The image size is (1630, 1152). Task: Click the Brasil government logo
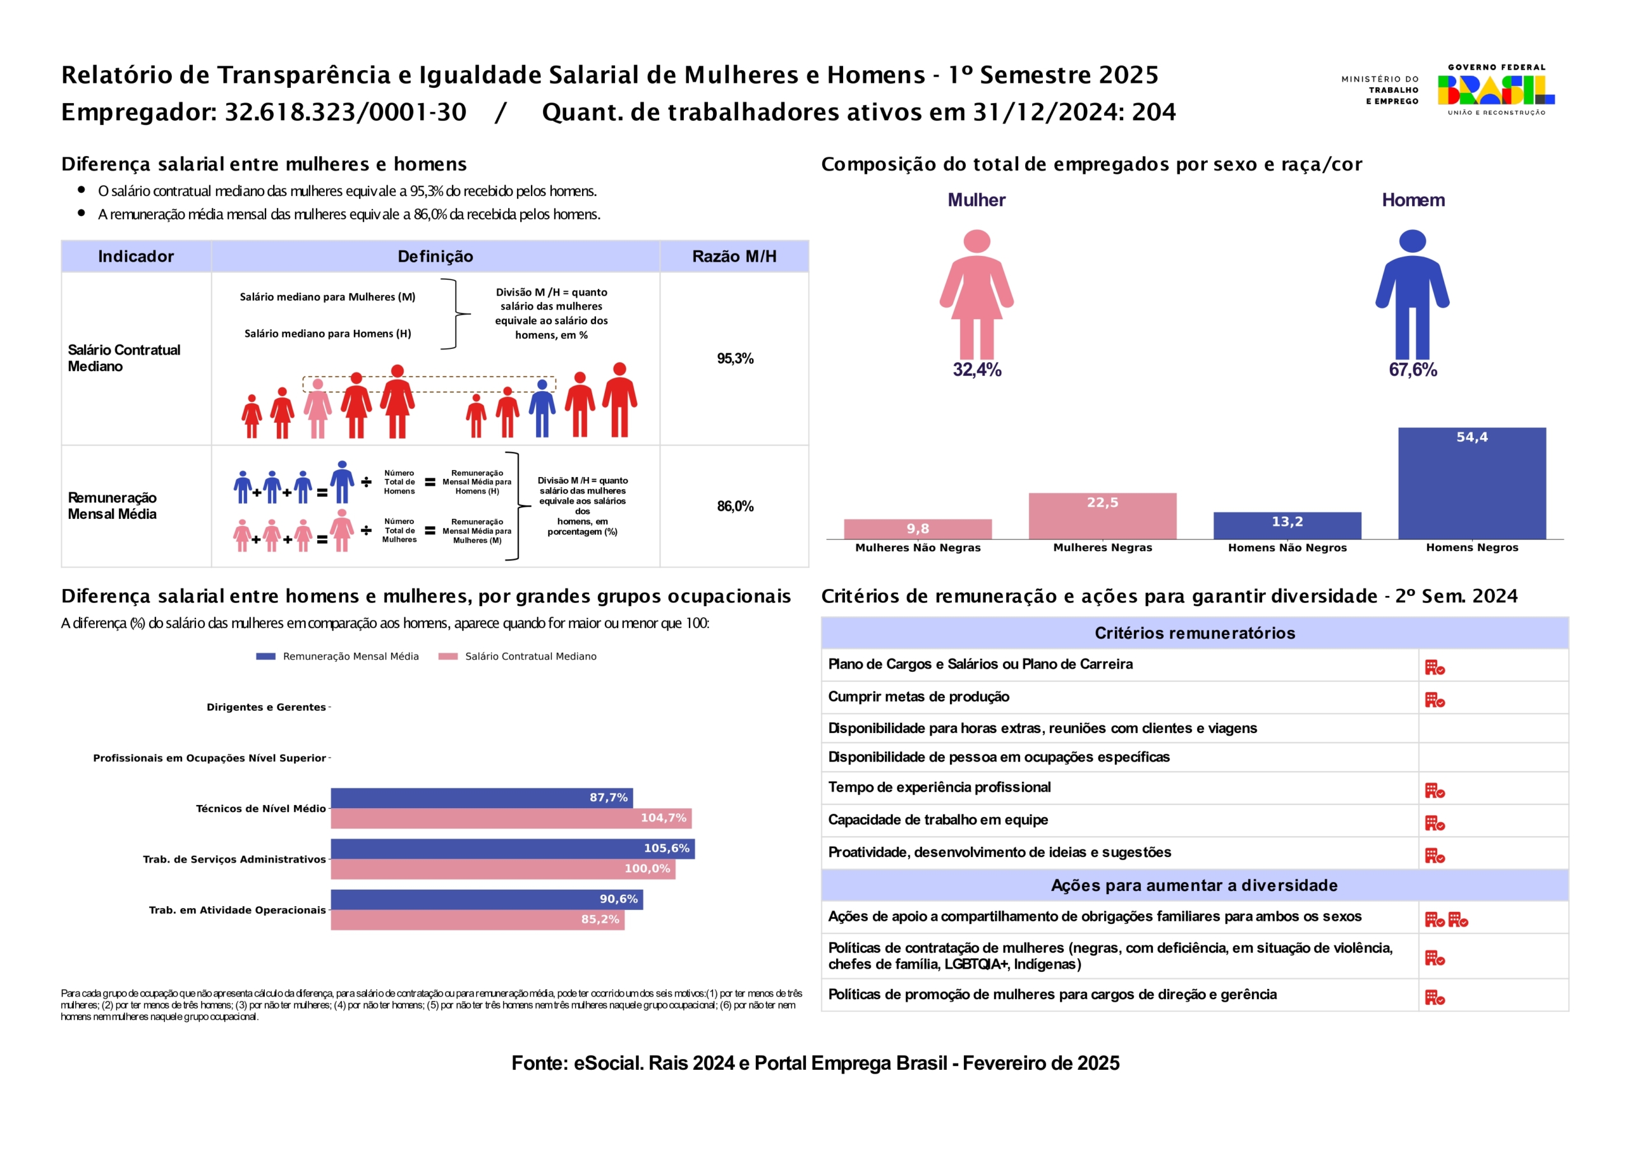[1496, 90]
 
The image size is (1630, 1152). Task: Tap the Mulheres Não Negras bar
[918, 529]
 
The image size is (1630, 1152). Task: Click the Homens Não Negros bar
[1287, 525]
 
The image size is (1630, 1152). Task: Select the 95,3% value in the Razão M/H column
[735, 359]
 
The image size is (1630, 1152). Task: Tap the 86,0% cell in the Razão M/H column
[735, 506]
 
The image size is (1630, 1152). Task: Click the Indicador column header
[136, 257]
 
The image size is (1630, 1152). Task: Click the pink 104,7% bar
[511, 818]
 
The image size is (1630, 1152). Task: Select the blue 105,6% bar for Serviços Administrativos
[512, 848]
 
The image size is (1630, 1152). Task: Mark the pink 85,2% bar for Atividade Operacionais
[477, 920]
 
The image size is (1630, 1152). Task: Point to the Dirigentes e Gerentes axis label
[266, 708]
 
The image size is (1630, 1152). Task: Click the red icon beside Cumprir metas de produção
[1434, 700]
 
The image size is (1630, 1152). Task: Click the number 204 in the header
[1154, 112]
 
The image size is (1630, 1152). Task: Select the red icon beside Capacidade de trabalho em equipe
[1434, 823]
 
